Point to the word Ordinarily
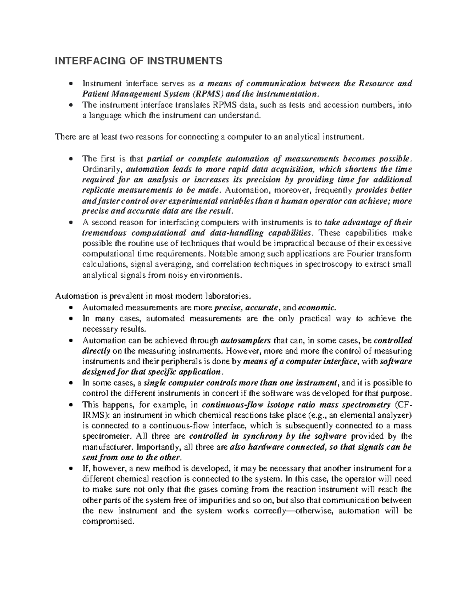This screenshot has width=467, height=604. pos(103,169)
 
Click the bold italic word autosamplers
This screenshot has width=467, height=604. pos(246,341)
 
